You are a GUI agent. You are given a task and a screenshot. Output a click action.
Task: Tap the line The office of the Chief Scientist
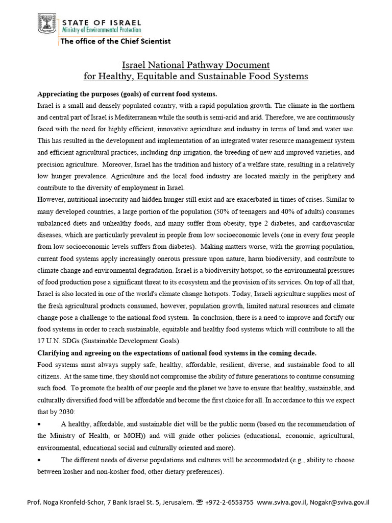pos(115,41)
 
